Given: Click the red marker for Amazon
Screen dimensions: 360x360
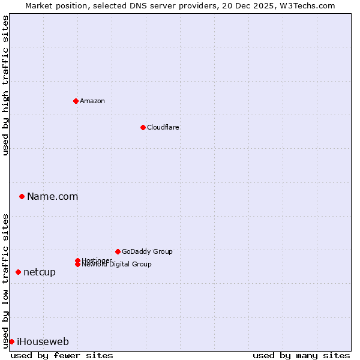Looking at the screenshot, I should coord(76,101).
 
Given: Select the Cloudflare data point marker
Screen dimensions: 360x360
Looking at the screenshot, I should coord(143,127).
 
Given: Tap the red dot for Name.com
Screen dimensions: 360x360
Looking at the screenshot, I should coord(22,196).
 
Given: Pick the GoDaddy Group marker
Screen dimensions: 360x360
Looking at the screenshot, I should coord(118,251).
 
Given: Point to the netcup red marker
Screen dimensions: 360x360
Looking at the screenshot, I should coord(18,272).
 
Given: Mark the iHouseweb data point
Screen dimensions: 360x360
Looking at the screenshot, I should coord(11,341).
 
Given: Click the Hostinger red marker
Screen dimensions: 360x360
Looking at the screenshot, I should coord(77,260).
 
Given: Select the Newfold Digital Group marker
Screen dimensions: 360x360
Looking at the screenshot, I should coord(77,265).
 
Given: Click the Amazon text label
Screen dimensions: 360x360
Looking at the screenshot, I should coord(92,101).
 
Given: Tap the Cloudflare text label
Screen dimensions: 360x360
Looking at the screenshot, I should coord(163,127).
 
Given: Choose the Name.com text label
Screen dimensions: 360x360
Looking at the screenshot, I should coord(53,196).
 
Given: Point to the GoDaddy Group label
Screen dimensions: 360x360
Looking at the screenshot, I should coord(147,251).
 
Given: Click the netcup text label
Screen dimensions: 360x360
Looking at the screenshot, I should coord(40,272).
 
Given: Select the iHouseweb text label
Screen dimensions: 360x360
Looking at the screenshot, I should coord(43,341).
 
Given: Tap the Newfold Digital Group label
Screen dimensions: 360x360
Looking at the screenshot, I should coord(117,265).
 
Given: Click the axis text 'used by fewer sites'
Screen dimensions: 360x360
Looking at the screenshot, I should coord(62,355).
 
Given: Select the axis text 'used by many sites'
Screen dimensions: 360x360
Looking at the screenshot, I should coord(301,355).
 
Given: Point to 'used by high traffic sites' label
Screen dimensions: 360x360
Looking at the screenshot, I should coord(6,85).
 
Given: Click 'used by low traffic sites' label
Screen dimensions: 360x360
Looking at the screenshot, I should coord(6,280).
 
